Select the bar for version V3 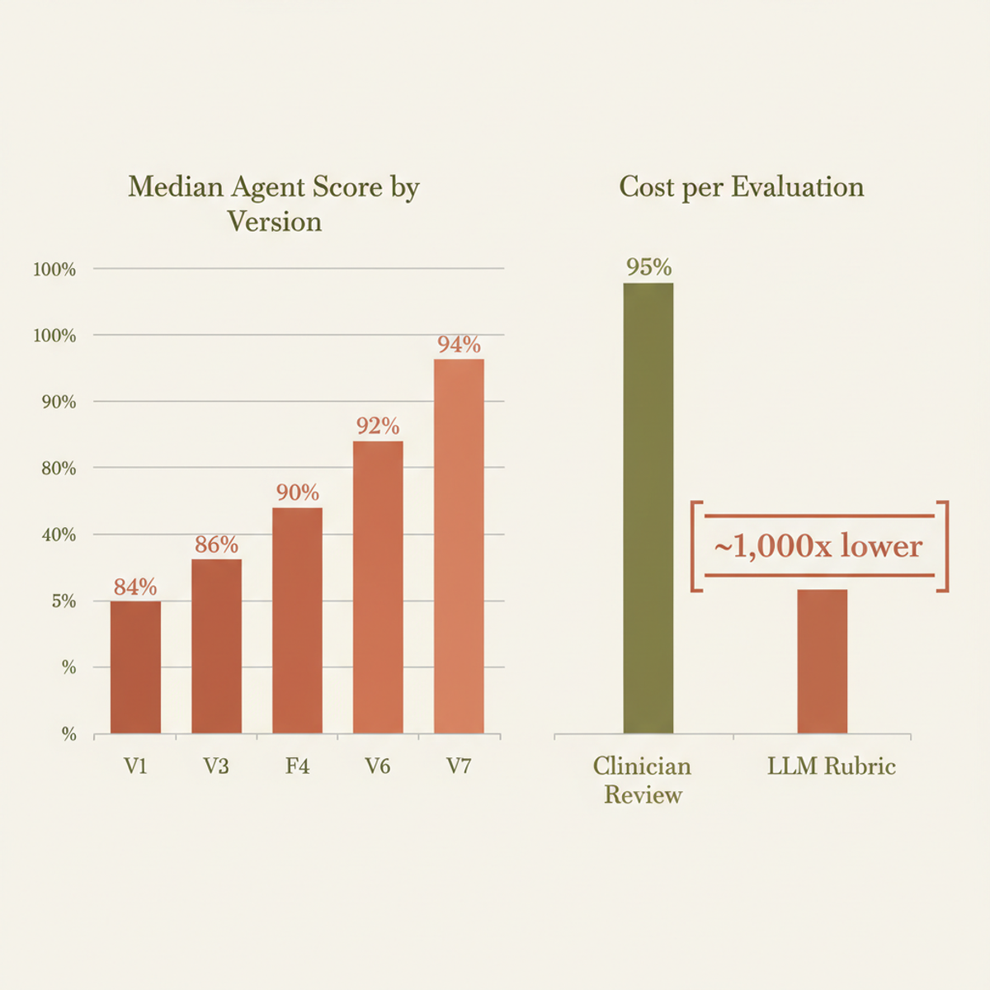[216, 646]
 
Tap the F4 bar [297, 620]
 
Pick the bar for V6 [378, 587]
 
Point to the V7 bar [459, 546]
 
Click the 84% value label [135, 587]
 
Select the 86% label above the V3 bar [216, 544]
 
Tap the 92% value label [378, 426]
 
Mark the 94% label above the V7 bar [459, 344]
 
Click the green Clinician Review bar [648, 507]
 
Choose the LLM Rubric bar [822, 661]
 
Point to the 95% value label [648, 267]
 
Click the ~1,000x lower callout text [818, 546]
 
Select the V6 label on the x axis [378, 766]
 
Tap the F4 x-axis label [297, 766]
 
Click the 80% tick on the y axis [59, 469]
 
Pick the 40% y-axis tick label [59, 535]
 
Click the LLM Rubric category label [831, 766]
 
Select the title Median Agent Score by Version [274, 204]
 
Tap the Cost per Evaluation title [741, 187]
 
